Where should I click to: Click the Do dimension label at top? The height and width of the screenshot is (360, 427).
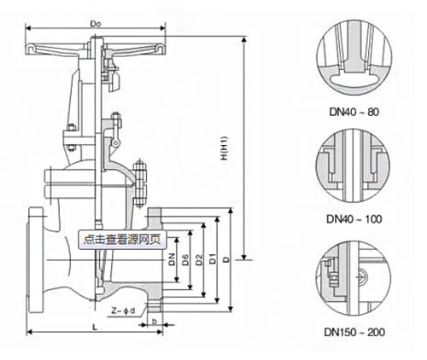[x=96, y=24]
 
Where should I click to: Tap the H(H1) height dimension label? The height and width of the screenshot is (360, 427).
[x=225, y=148]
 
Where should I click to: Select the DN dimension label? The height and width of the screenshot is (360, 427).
[x=172, y=259]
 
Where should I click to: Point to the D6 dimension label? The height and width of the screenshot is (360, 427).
[x=185, y=259]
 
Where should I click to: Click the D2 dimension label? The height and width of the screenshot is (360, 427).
[x=200, y=259]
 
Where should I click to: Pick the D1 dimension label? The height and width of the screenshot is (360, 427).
[x=213, y=258]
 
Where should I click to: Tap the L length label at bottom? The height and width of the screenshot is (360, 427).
[x=96, y=328]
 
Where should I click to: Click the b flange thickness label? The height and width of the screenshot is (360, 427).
[x=155, y=322]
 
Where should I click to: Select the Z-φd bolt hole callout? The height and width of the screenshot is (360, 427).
[x=123, y=311]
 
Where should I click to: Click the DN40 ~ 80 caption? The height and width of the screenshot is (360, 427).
[x=354, y=112]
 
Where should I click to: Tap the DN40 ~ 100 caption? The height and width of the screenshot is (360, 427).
[x=354, y=219]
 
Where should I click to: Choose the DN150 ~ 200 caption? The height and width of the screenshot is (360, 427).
[x=354, y=332]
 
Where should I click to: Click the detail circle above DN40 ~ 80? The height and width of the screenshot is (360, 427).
[x=317, y=57]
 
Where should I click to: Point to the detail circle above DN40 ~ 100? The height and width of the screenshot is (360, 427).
[x=316, y=165]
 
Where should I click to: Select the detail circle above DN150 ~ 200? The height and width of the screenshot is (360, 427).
[x=316, y=278]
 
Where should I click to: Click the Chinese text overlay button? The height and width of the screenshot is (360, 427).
[x=122, y=240]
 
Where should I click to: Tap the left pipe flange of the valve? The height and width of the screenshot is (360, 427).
[x=36, y=260]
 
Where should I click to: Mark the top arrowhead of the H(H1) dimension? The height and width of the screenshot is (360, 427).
[x=244, y=39]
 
